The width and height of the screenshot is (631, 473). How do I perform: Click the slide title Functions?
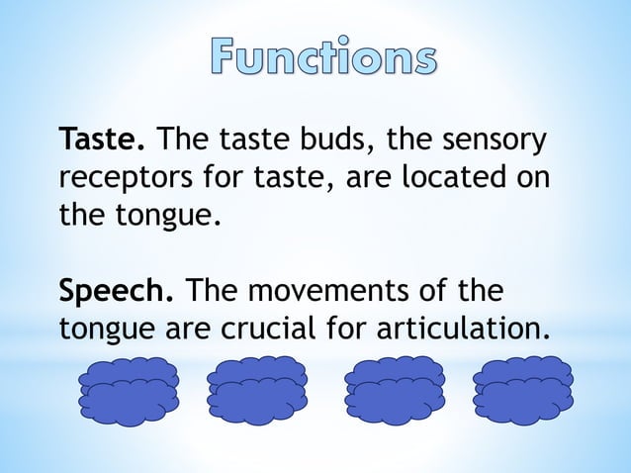point(322,57)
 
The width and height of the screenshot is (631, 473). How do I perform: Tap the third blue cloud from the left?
point(395,391)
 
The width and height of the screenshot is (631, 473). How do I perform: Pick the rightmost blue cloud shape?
point(522,391)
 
